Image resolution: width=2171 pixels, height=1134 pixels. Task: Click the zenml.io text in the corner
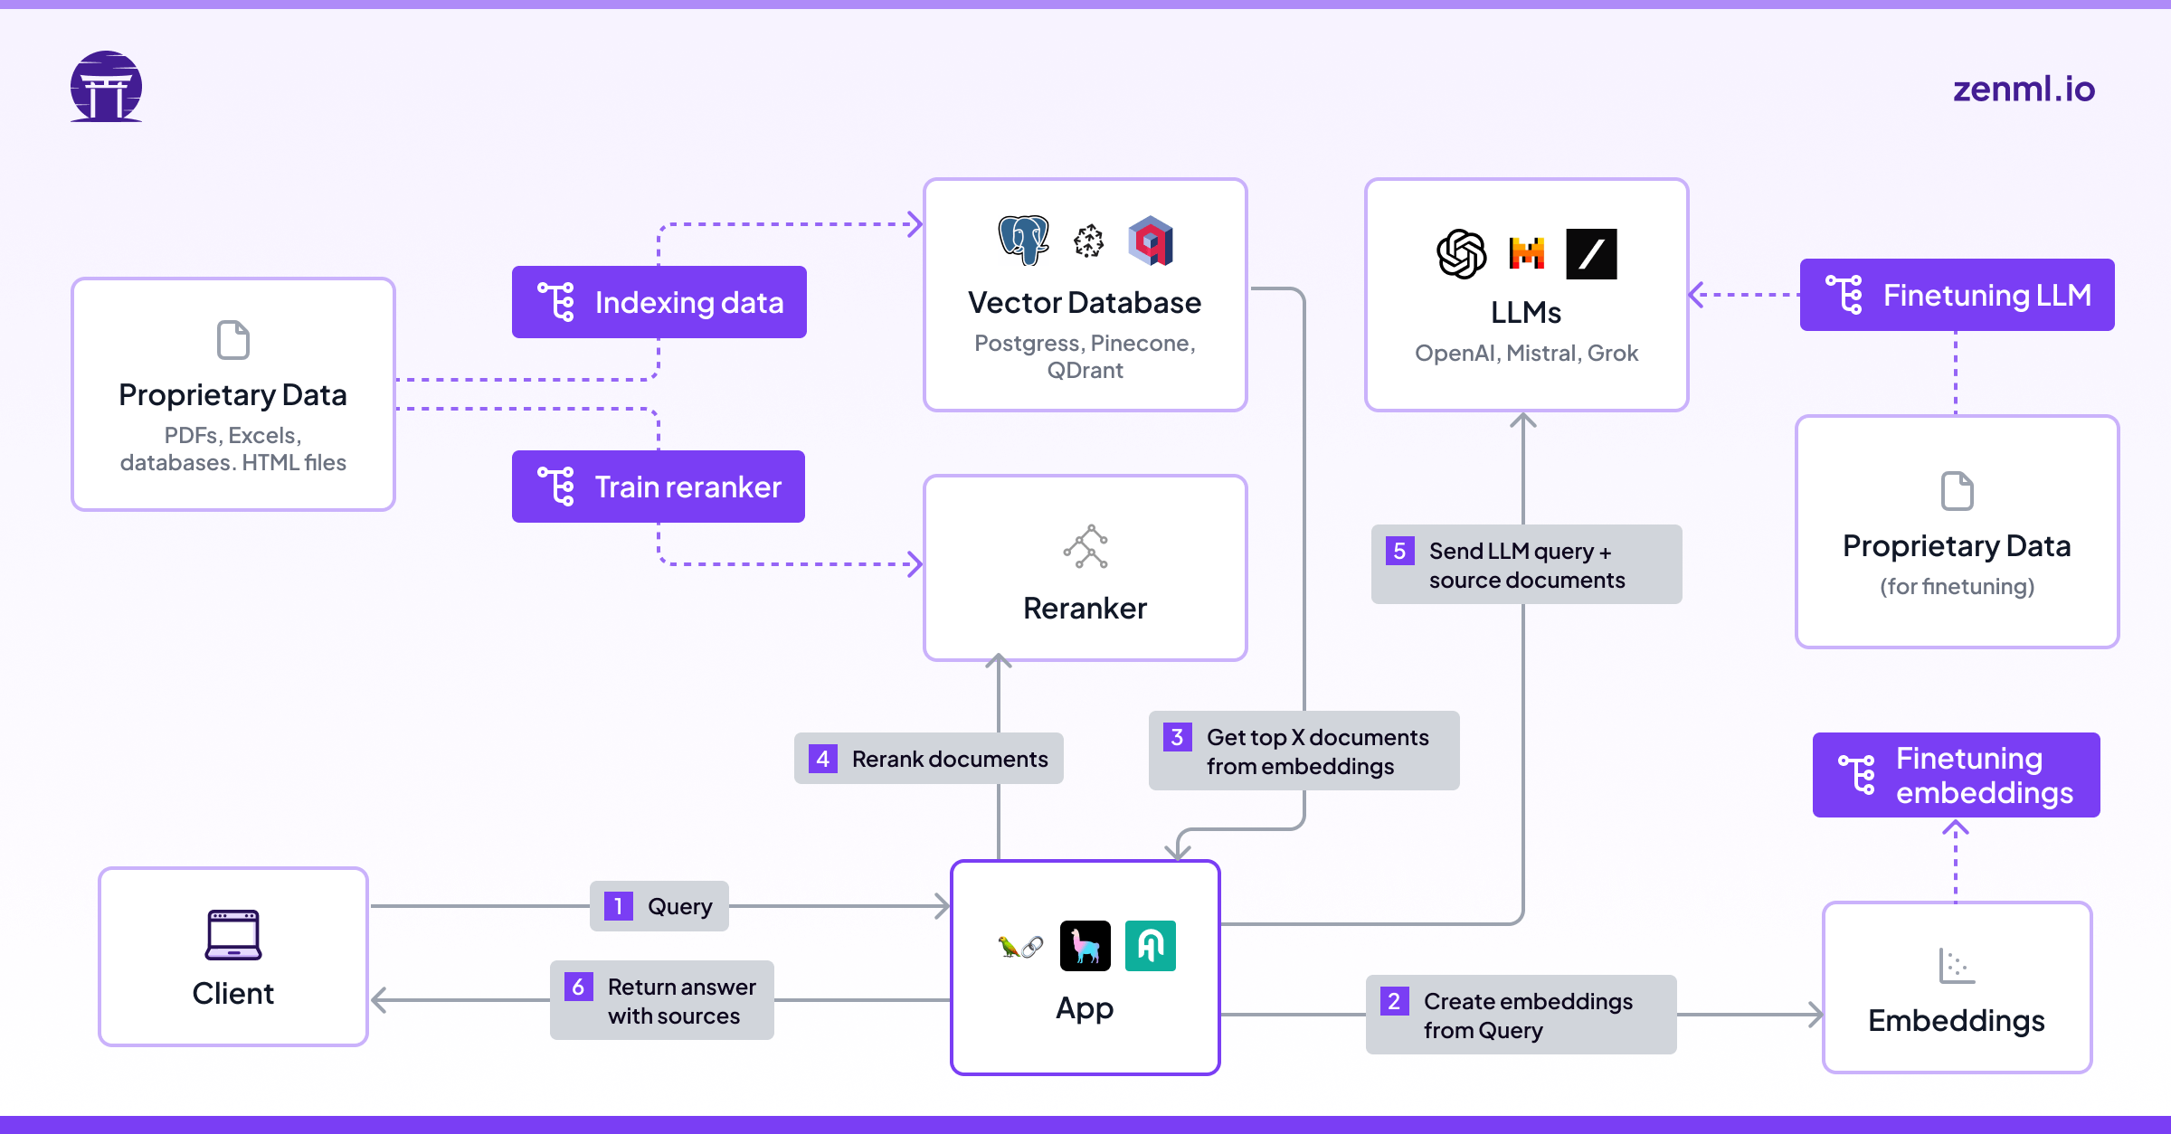(2023, 89)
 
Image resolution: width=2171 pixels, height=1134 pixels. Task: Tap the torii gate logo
(107, 87)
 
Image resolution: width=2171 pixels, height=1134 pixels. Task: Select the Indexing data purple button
(659, 302)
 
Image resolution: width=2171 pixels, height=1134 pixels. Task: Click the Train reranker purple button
(659, 487)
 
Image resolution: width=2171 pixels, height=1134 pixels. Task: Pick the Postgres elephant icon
(1023, 241)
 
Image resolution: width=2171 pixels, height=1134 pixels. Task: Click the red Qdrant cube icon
(1151, 241)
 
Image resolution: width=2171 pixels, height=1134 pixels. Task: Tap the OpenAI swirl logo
(1461, 254)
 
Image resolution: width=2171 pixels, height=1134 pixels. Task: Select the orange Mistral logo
(1527, 254)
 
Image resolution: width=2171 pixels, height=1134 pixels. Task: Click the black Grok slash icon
(1591, 254)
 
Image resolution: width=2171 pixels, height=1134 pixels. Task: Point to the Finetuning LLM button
(1957, 295)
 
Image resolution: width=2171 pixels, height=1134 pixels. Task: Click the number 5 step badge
(1399, 551)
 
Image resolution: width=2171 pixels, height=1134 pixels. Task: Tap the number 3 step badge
(1177, 737)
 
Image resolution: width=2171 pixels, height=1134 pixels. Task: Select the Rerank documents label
(929, 759)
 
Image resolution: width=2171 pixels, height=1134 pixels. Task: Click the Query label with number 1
(659, 906)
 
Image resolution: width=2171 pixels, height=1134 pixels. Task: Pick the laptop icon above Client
(233, 934)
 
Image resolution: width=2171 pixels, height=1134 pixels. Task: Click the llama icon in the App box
(1085, 946)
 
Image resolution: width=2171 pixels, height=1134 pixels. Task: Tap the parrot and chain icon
(1019, 947)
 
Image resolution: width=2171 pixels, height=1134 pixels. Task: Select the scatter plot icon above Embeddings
(1957, 966)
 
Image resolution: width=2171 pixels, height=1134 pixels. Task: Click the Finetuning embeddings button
(1956, 775)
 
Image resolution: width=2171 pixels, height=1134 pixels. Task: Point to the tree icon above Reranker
(1085, 546)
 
